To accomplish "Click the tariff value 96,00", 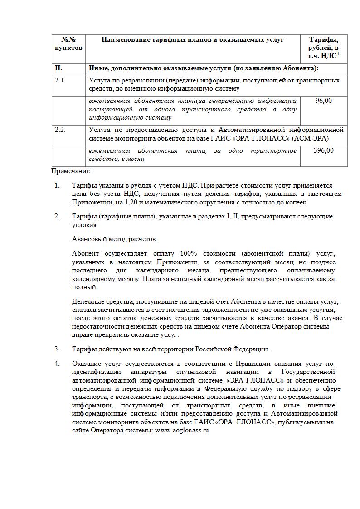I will click(x=323, y=101).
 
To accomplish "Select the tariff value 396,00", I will click(x=323, y=150).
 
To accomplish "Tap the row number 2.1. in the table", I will click(x=60, y=80).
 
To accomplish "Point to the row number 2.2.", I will click(x=60, y=130).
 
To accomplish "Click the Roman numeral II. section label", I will click(x=58, y=68).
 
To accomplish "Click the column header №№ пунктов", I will click(x=68, y=44).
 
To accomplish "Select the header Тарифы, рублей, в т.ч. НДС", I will click(x=323, y=48).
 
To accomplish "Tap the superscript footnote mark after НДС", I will click(x=338, y=54).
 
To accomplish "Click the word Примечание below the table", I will click(x=71, y=171).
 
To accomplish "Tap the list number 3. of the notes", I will click(x=57, y=349).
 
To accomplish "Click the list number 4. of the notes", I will click(x=57, y=364).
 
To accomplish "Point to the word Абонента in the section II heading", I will click(x=301, y=68).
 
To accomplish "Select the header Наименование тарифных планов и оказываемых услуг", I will click(x=193, y=39).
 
